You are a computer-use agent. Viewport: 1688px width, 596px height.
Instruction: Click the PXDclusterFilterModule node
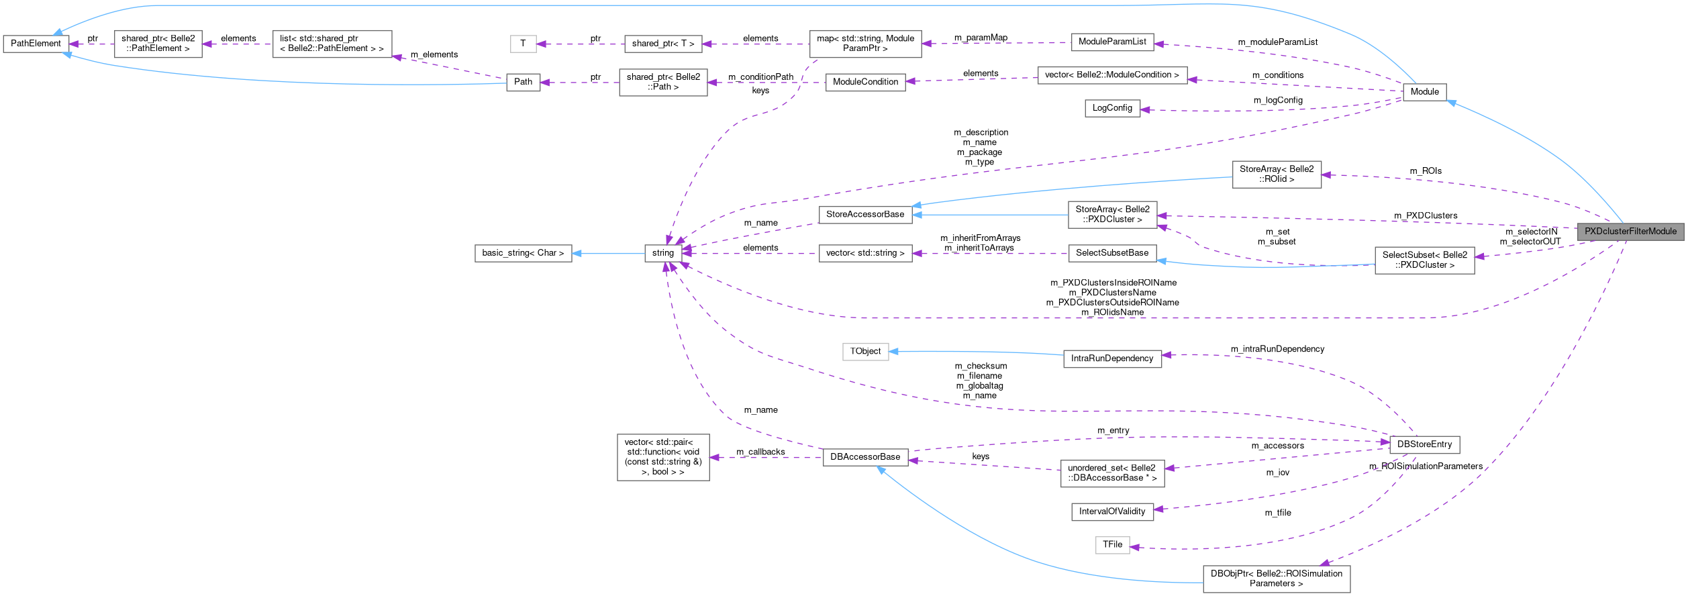click(1630, 231)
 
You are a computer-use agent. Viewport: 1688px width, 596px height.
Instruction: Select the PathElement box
click(36, 44)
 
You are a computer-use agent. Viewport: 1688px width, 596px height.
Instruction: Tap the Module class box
click(1424, 91)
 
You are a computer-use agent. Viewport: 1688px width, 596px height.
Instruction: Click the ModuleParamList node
click(1111, 42)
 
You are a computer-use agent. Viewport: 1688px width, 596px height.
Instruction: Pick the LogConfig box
click(1111, 108)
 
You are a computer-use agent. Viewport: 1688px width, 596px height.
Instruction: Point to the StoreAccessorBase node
click(864, 214)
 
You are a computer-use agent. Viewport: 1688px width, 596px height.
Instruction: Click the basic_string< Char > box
click(523, 253)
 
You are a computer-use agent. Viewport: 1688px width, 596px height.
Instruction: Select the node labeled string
click(662, 253)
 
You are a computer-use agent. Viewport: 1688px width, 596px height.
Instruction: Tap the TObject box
click(865, 351)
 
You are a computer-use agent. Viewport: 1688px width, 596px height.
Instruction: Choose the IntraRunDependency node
click(1111, 358)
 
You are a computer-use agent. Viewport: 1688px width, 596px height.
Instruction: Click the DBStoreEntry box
click(1424, 444)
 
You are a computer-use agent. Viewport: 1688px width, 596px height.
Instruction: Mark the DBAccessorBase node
click(864, 457)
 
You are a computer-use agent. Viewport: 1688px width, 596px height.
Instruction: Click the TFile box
click(1111, 544)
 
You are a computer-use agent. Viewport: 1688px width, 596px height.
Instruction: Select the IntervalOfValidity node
click(1111, 511)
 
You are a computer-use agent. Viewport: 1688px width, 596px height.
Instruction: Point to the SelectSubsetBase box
click(1111, 253)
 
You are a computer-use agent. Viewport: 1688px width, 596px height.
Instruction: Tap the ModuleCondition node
click(864, 82)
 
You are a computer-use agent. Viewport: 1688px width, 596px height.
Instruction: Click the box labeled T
click(523, 44)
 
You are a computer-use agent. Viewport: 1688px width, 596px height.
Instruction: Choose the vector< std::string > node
click(864, 253)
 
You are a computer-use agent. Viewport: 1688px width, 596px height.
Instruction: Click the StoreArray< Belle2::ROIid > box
click(1276, 175)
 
